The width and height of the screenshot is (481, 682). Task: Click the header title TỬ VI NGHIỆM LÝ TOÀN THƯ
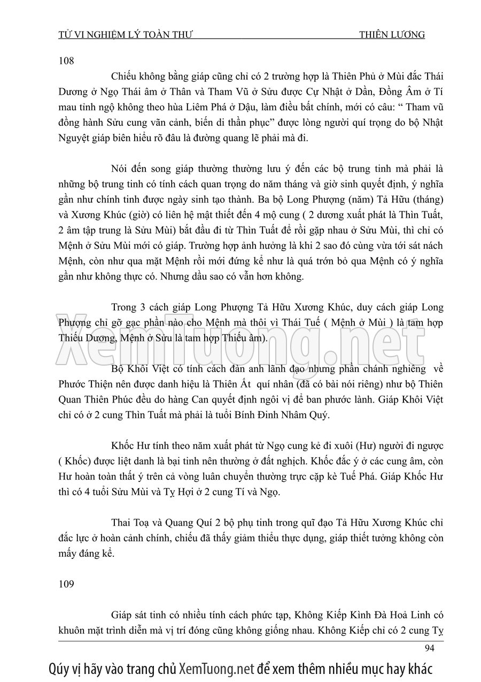click(125, 35)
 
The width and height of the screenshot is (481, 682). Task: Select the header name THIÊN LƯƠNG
click(392, 35)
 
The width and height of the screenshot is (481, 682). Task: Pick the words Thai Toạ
click(130, 522)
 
